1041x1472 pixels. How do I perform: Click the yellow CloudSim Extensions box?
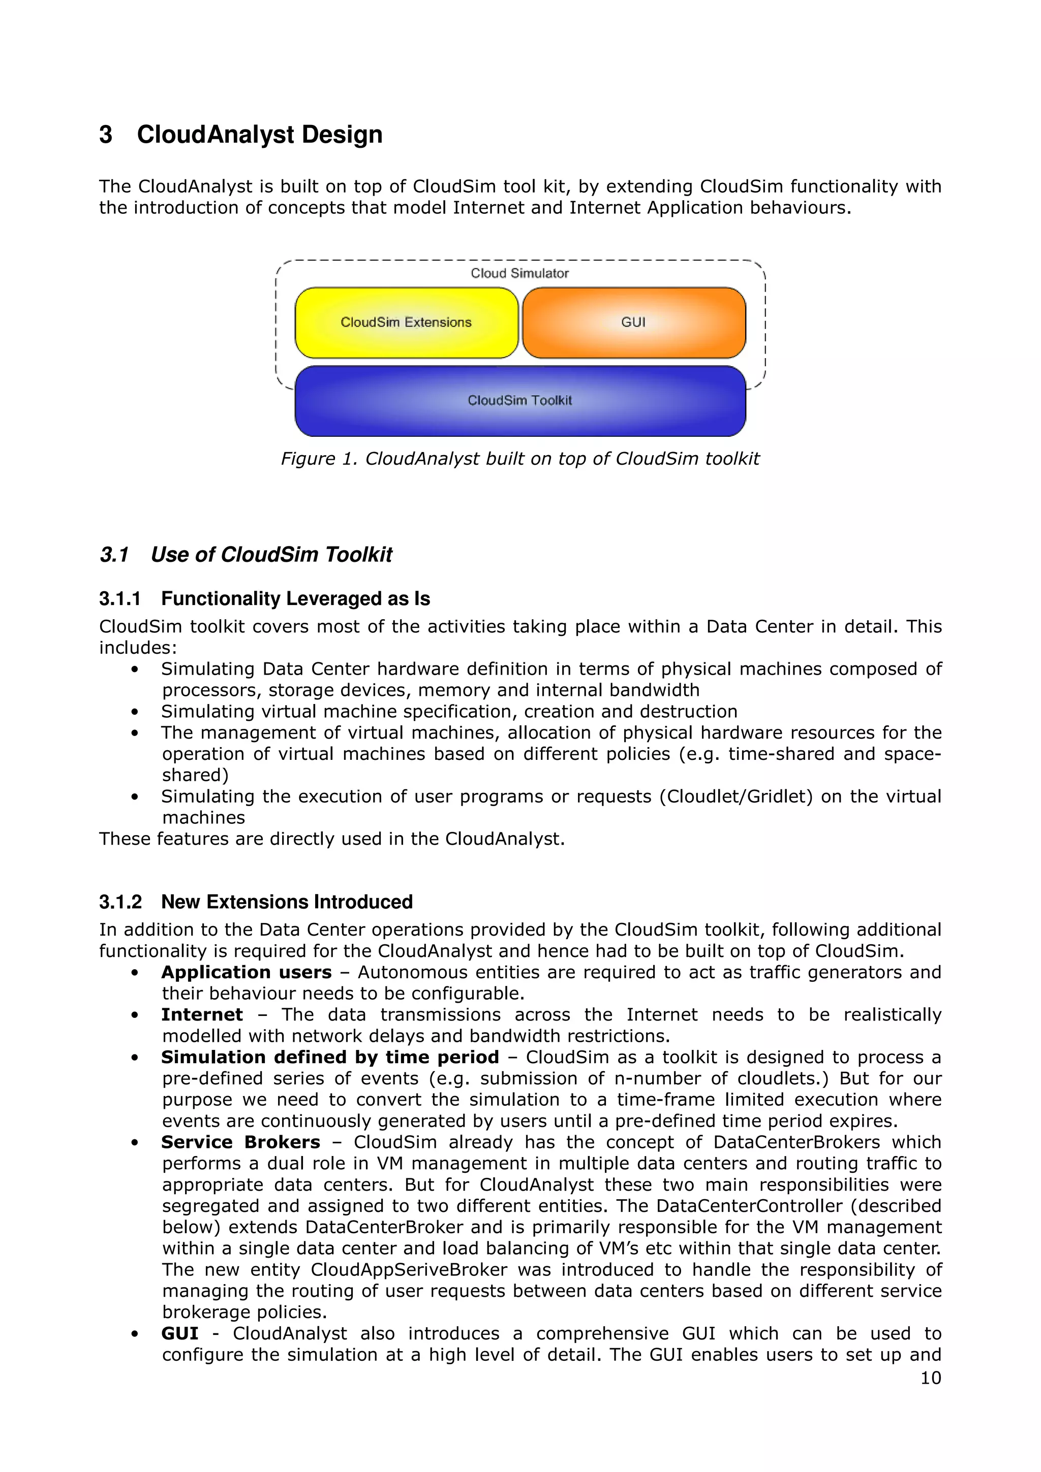click(406, 323)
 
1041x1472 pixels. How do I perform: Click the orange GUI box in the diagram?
click(634, 323)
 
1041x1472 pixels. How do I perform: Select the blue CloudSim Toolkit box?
click(519, 401)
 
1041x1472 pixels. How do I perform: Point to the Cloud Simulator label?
click(519, 273)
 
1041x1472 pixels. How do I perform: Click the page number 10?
click(931, 1378)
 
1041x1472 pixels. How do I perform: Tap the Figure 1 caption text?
click(519, 459)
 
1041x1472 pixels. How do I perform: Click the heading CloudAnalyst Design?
click(259, 135)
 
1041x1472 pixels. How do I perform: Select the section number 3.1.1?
click(119, 599)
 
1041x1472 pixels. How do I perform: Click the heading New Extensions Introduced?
click(287, 902)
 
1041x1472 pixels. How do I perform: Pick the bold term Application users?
click(247, 973)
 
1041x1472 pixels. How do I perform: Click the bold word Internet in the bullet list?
click(202, 1015)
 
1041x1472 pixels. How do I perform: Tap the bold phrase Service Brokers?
click(240, 1142)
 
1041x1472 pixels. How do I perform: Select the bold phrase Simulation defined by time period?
click(330, 1057)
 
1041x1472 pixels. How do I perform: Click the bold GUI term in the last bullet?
click(179, 1333)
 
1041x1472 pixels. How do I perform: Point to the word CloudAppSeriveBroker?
click(409, 1270)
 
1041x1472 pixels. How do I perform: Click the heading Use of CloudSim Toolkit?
click(271, 555)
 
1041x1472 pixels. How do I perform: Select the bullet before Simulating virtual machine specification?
click(135, 712)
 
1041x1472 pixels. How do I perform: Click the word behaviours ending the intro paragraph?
click(800, 208)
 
